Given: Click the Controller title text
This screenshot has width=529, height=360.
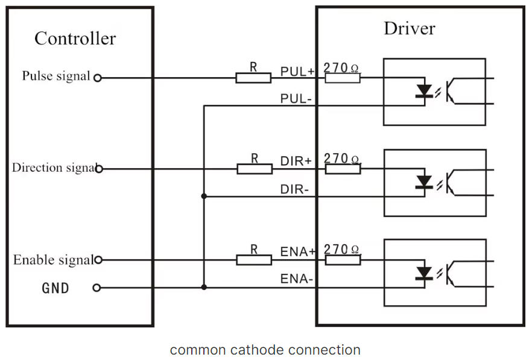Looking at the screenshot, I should tap(75, 39).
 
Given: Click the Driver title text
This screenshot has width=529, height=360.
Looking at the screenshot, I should tap(409, 28).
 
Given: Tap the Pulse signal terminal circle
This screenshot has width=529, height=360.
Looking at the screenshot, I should tap(97, 78).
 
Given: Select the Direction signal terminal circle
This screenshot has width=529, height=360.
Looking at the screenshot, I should tap(99, 169).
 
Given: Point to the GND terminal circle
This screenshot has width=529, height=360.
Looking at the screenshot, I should tap(97, 288).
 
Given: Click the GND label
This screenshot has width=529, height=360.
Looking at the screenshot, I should tap(55, 288).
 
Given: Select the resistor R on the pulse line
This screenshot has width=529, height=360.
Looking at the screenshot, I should tap(253, 78).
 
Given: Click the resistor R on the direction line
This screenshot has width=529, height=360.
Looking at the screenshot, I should tap(254, 169).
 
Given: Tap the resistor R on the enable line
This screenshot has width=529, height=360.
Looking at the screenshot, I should tap(254, 260).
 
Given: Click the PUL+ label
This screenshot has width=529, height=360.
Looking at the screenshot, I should tap(297, 71).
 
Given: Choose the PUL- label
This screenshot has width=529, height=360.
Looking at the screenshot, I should tap(296, 98).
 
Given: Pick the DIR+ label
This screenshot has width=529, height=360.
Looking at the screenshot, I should tap(296, 162).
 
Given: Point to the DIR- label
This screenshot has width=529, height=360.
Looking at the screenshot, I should tap(295, 189).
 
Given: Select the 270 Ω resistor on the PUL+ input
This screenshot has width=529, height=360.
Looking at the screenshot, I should tap(342, 78).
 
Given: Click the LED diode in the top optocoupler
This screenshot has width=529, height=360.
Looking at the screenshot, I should tap(425, 90).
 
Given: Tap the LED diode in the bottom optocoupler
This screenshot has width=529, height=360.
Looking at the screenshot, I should tap(425, 273).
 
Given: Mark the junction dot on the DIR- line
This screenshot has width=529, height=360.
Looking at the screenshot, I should tap(204, 197).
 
